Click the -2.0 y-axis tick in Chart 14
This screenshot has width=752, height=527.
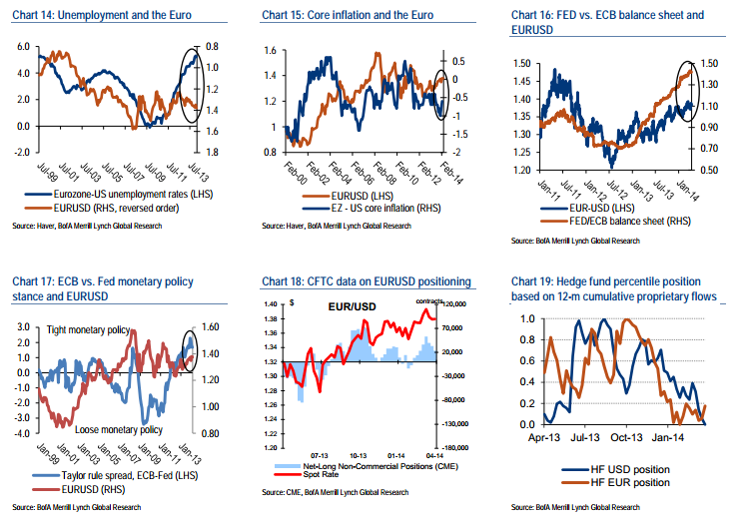(16, 152)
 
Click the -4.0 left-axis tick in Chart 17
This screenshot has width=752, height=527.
(16, 434)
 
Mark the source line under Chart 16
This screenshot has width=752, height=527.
(574, 242)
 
